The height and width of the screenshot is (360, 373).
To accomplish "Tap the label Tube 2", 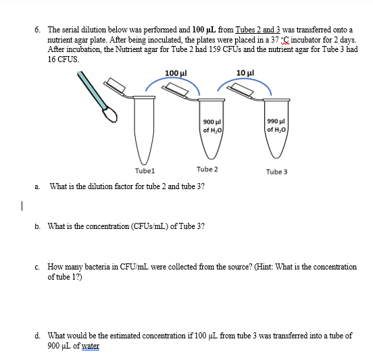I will point(207,169).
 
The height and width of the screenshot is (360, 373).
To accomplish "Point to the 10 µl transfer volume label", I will point(245,72).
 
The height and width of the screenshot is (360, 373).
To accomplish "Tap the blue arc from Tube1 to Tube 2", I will point(174,82).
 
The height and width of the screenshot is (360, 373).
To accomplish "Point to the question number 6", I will point(38,30).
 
